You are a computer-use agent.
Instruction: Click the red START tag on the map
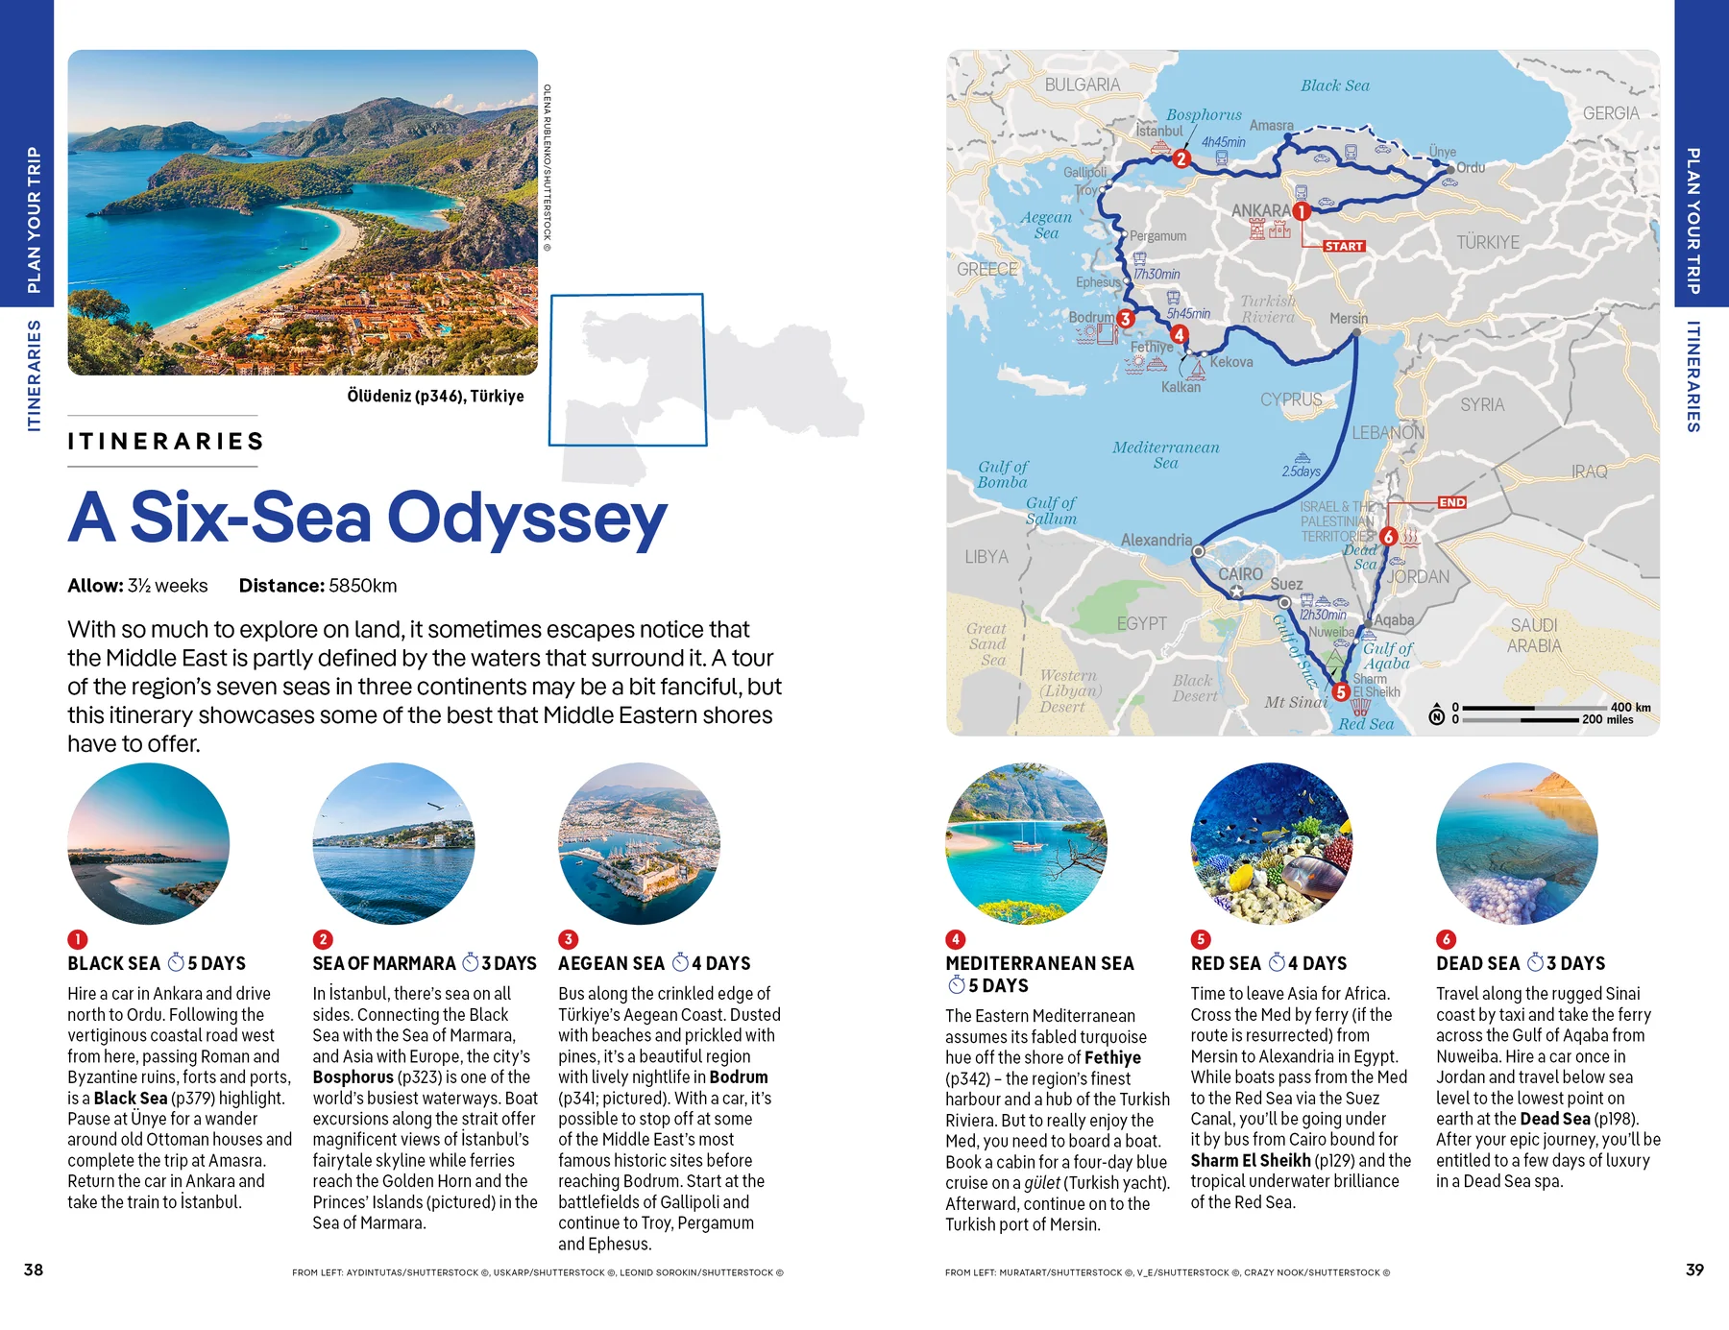pos(1344,246)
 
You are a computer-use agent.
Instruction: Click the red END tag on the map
pos(1451,502)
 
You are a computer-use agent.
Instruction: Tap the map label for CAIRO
pos(1240,573)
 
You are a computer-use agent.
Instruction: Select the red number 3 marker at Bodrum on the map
pos(1126,318)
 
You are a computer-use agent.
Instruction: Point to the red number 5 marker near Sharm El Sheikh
pos(1341,691)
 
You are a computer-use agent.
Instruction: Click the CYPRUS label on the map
pos(1290,399)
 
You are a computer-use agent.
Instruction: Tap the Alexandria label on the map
pos(1156,540)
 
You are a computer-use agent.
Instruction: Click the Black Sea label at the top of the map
pos(1334,85)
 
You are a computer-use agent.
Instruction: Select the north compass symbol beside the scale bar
pos(1437,713)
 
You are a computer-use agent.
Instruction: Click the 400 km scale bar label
pos(1630,707)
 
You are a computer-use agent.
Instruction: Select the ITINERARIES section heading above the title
pos(165,441)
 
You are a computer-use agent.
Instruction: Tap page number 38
pos(34,1270)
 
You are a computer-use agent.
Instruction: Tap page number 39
pos(1694,1270)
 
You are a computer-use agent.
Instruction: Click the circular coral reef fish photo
pos(1271,844)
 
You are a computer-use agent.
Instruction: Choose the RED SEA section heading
pos(1225,963)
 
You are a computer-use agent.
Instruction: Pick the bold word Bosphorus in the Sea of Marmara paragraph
pos(353,1077)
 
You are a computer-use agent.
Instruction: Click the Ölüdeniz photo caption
pos(435,396)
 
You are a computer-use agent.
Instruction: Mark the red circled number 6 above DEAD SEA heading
pos(1446,939)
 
